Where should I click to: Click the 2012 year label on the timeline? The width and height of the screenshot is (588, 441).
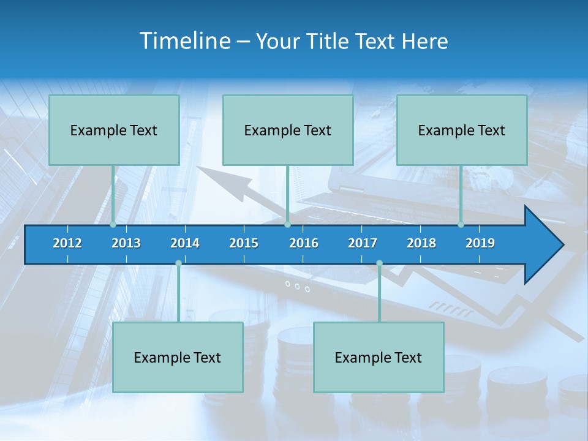coord(67,243)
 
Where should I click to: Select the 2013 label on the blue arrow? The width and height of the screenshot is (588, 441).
coord(126,243)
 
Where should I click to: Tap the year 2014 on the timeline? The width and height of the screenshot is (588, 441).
coord(185,243)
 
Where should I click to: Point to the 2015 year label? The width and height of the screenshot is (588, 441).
coord(244,243)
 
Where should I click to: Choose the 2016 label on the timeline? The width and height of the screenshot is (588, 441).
coord(304,243)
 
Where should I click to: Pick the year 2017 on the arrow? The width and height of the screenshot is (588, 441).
coord(363,243)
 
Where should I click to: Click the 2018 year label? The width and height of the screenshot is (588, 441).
coord(421,243)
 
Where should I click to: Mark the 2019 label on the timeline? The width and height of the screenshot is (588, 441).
coord(480,243)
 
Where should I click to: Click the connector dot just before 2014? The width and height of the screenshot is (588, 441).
coord(178,263)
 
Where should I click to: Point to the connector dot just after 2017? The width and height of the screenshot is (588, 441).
coord(379,263)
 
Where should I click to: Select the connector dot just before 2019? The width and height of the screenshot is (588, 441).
coord(461,225)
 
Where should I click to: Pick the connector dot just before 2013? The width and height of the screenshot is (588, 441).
coord(113,225)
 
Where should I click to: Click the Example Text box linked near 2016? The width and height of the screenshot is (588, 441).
coord(288,130)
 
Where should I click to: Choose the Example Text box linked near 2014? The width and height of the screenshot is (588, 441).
coord(178,357)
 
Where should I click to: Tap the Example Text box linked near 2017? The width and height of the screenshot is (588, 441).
coord(379,357)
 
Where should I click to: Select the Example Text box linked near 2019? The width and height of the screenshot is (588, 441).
coord(462,130)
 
